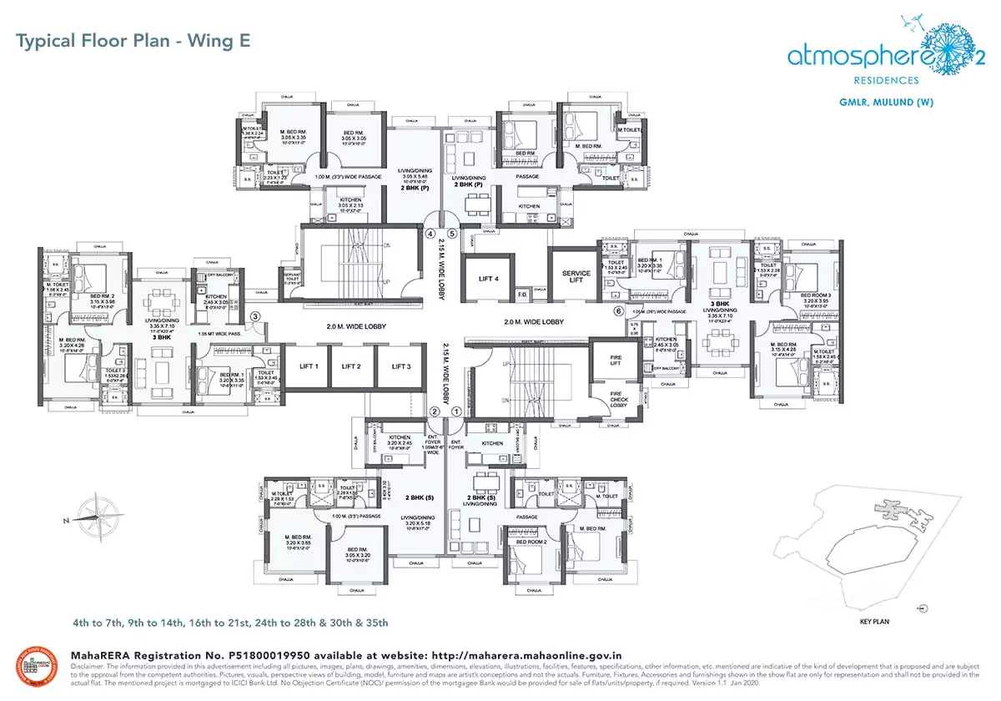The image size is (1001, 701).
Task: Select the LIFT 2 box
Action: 352,366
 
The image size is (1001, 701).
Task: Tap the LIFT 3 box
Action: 400,366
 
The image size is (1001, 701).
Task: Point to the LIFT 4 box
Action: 489,280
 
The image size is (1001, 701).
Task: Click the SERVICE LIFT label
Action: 576,277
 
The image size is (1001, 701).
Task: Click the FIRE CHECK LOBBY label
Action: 619,401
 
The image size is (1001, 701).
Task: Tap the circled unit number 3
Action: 257,315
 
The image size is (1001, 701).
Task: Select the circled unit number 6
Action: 618,311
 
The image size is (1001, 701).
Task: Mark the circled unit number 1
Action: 456,411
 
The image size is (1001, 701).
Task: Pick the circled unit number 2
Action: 434,411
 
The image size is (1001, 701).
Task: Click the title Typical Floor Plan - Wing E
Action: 133,40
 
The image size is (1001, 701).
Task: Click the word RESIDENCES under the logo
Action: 879,80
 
